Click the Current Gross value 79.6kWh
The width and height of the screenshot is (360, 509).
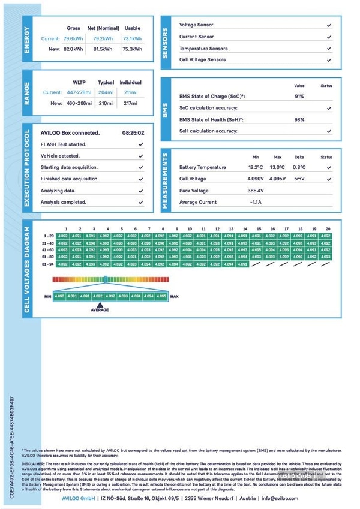pyautogui.click(x=74, y=38)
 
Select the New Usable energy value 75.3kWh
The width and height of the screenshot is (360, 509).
pyautogui.click(x=132, y=49)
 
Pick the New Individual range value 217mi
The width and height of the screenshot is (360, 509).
pyautogui.click(x=130, y=103)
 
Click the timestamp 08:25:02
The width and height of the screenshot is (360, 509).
pyautogui.click(x=133, y=133)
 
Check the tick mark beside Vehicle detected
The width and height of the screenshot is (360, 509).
pyautogui.click(x=140, y=156)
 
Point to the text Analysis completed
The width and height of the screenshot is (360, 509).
pyautogui.click(x=64, y=202)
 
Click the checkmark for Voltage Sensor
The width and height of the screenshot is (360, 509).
pyautogui.click(x=329, y=25)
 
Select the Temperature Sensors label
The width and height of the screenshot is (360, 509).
pyautogui.click(x=203, y=49)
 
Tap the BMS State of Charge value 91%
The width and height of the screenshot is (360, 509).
pyautogui.click(x=299, y=97)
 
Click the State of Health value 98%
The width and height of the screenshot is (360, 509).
pyautogui.click(x=299, y=119)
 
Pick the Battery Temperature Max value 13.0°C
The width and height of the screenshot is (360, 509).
pyautogui.click(x=277, y=167)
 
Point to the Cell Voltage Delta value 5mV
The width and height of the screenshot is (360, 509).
pyautogui.click(x=299, y=179)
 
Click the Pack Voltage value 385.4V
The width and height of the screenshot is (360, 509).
pyautogui.click(x=256, y=191)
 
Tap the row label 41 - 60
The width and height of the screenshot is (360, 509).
pyautogui.click(x=49, y=249)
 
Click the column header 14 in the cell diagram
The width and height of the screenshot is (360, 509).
pyautogui.click(x=245, y=229)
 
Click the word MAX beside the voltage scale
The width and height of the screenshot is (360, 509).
pyautogui.click(x=175, y=296)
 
